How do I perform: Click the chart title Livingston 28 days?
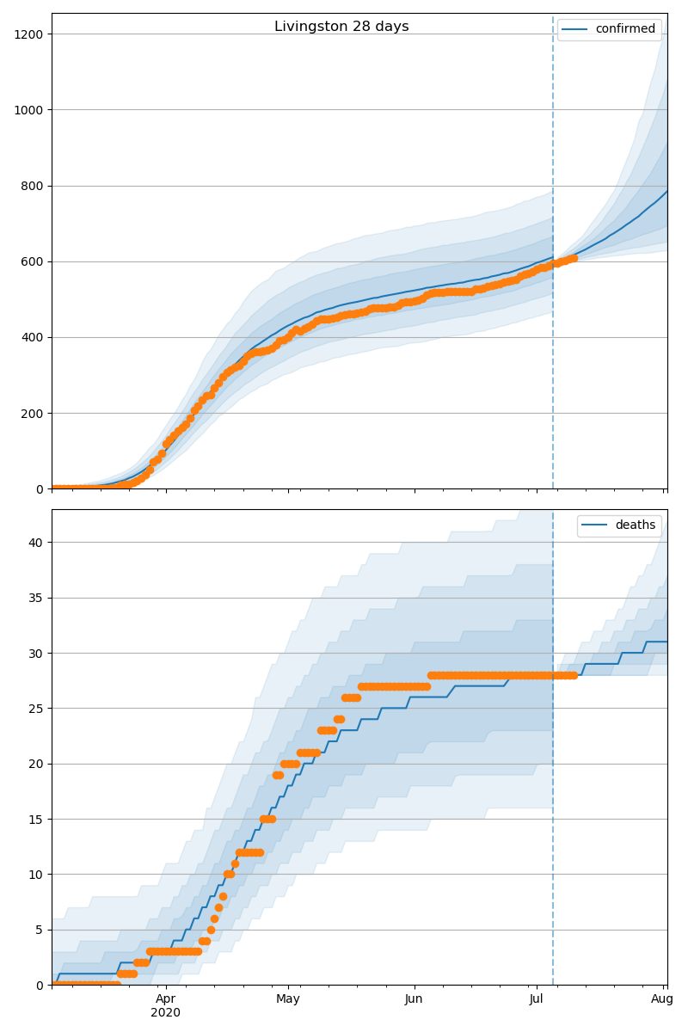coord(341,27)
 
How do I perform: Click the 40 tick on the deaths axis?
coord(35,543)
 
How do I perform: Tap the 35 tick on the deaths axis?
coord(35,598)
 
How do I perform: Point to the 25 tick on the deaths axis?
coord(35,709)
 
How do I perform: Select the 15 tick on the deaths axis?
coord(35,819)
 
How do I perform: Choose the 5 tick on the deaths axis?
coord(39,930)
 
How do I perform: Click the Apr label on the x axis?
coord(166,998)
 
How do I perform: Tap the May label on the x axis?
coord(288,998)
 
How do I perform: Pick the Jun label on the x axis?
coord(414,998)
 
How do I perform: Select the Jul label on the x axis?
coord(537,998)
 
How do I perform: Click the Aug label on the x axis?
coord(662,998)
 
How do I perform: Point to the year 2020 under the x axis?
coord(166,1013)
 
